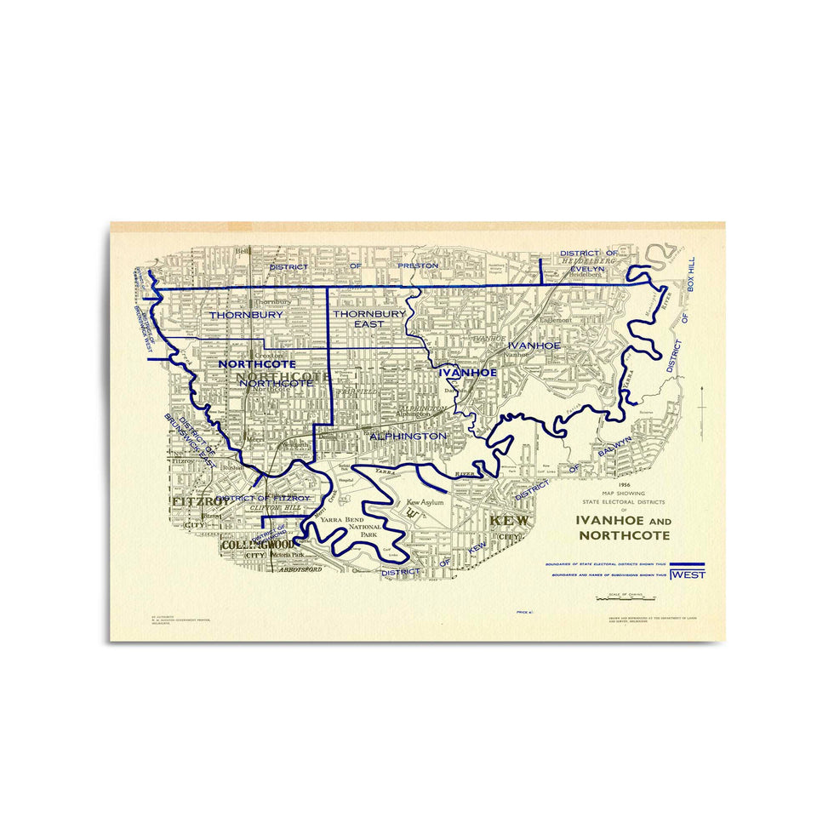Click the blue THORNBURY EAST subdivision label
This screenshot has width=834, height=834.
point(369,319)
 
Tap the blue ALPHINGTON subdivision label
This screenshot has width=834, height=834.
point(408,436)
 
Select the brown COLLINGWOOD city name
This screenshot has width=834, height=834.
point(258,545)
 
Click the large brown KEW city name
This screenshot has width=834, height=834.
point(509,521)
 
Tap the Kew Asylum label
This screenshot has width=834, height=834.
point(426,502)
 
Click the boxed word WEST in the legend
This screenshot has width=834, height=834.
point(688,574)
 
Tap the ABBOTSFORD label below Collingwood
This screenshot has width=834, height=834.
point(300,569)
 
